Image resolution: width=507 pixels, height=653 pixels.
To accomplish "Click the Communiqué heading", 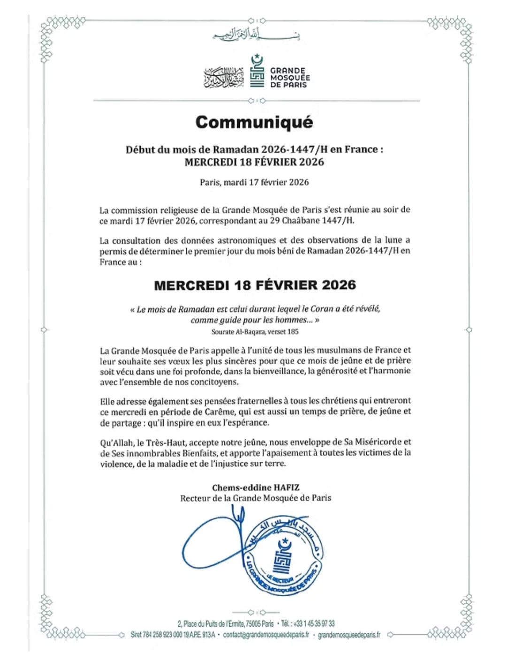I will click(x=254, y=122).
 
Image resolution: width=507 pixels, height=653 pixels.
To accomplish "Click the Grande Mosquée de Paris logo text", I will click(x=290, y=78).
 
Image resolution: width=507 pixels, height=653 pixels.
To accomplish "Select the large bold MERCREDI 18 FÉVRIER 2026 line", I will click(x=255, y=285).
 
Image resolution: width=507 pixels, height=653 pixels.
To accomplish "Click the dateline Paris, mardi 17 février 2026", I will click(x=254, y=182).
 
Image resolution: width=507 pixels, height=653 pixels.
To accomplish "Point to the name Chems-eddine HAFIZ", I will click(x=255, y=488).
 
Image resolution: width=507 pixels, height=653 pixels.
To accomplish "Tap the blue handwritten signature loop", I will click(x=211, y=545).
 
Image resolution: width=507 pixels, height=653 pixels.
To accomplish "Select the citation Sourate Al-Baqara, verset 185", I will click(x=255, y=332).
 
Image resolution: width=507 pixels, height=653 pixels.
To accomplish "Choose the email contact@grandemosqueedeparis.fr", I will click(x=266, y=635).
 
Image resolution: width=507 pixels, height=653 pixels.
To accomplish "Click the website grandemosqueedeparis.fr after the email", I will click(x=349, y=635).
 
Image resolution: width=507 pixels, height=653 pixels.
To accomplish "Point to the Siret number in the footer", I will click(x=172, y=635).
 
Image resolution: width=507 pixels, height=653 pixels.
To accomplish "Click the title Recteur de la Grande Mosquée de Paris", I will click(x=255, y=498).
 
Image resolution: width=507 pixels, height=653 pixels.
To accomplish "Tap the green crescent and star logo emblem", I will click(x=257, y=70).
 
